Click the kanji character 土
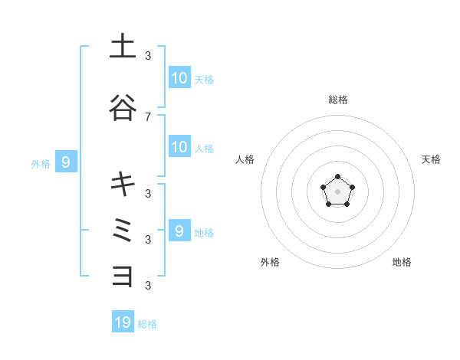point(123,47)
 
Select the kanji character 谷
point(123,107)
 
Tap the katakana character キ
point(123,184)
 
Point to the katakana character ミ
point(123,230)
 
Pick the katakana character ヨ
point(123,275)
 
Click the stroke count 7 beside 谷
point(148,116)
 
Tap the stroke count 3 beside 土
point(148,55)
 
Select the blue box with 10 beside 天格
point(179,78)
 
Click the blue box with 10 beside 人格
point(179,147)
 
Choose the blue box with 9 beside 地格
point(179,231)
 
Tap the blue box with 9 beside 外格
point(67,162)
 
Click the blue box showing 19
point(123,322)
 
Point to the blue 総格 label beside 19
point(147,324)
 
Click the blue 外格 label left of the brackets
point(41,163)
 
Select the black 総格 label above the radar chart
point(337,100)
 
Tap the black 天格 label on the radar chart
point(431,159)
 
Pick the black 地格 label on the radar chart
point(402,262)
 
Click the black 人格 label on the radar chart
point(245,159)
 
